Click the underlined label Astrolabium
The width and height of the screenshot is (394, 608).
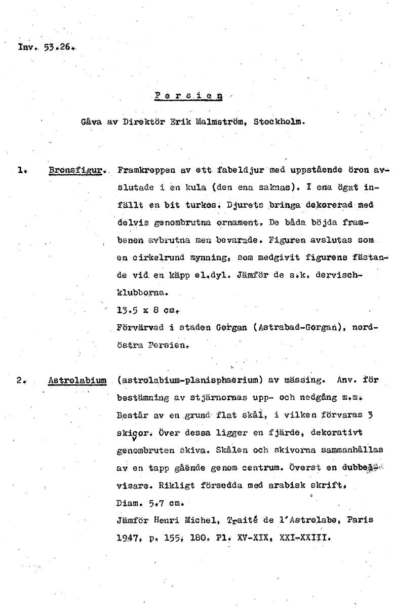[77, 379]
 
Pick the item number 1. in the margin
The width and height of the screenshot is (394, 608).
[21, 171]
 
